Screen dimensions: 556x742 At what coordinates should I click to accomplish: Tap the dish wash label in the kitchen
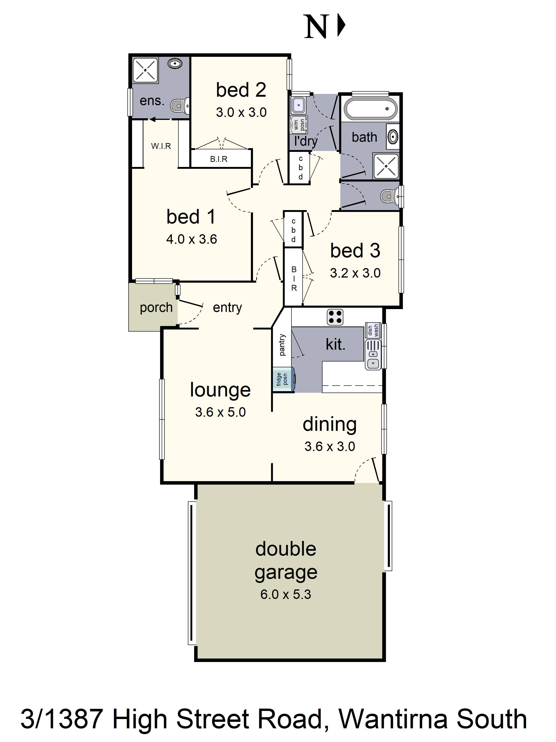coord(373,330)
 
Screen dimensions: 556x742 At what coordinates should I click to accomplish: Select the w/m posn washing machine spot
coord(299,125)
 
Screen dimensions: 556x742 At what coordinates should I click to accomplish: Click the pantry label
coord(282,345)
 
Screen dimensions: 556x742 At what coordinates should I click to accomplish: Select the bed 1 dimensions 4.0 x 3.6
coord(191,239)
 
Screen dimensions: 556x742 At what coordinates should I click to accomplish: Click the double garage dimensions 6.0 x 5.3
coord(286,594)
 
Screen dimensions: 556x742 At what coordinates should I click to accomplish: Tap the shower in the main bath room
coord(386,166)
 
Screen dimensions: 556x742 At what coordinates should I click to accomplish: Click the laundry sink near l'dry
coord(299,105)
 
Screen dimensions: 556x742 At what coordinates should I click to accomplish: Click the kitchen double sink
coord(373,355)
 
